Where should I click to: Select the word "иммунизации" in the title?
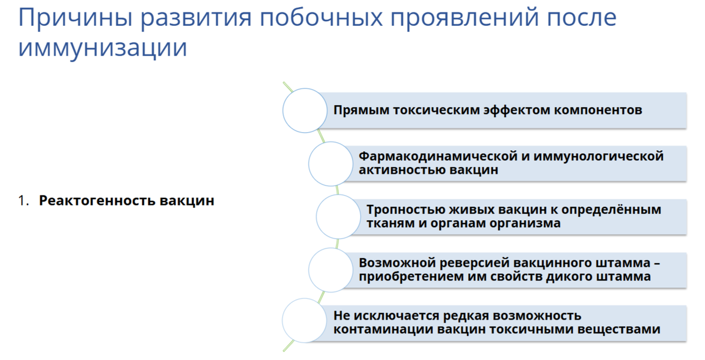click(x=103, y=48)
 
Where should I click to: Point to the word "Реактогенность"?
click(x=96, y=201)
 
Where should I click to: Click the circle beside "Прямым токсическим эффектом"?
click(x=305, y=110)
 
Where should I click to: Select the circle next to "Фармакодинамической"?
click(x=330, y=163)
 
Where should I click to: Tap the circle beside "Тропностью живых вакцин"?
click(x=338, y=216)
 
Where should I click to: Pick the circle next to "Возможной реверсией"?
click(x=330, y=270)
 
